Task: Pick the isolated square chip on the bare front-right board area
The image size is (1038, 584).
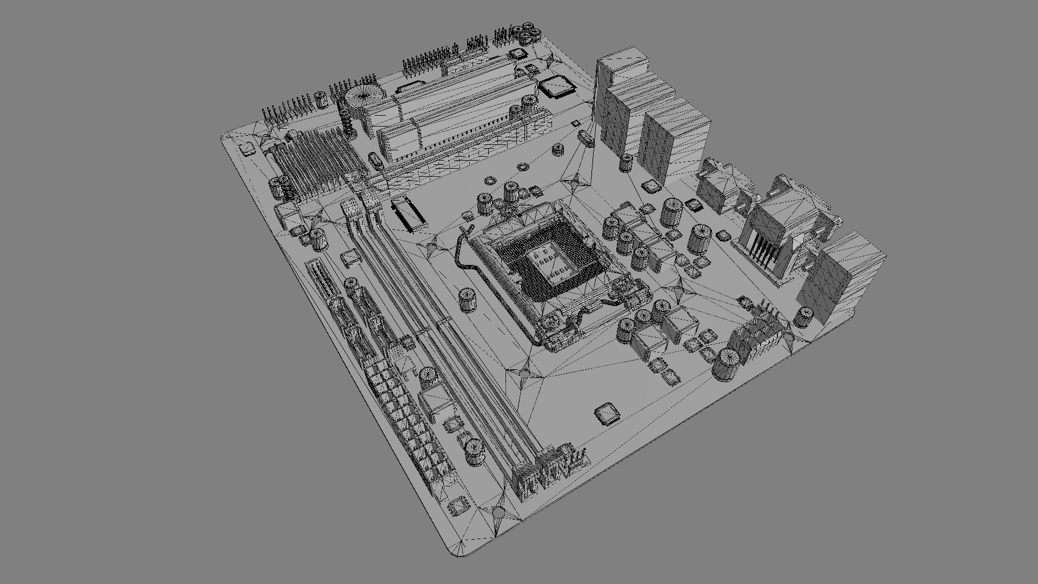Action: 607,414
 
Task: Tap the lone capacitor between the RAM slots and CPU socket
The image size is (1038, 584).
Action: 468,301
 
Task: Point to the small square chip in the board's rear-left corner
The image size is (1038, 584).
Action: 248,148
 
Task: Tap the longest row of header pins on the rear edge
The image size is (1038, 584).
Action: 430,59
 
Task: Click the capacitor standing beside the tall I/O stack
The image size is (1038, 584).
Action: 627,162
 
